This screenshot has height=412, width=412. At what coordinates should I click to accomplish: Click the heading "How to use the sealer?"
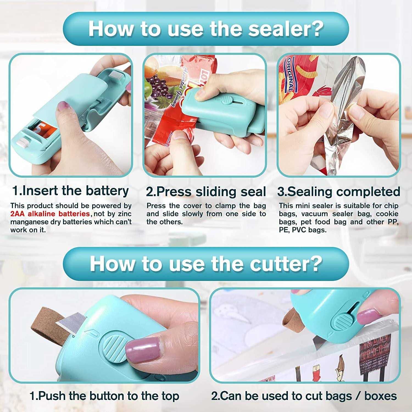206,29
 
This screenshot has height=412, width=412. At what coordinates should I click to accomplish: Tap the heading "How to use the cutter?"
206,264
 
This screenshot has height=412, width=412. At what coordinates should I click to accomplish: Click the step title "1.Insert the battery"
71,191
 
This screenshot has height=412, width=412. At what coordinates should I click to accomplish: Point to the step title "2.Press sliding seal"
206,192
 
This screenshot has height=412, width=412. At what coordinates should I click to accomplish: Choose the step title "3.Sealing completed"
338,192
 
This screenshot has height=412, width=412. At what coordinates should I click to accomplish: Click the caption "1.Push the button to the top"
104,396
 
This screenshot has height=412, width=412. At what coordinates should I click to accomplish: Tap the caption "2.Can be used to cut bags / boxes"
304,396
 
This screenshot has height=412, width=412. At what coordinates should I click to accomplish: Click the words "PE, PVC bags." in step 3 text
303,230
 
